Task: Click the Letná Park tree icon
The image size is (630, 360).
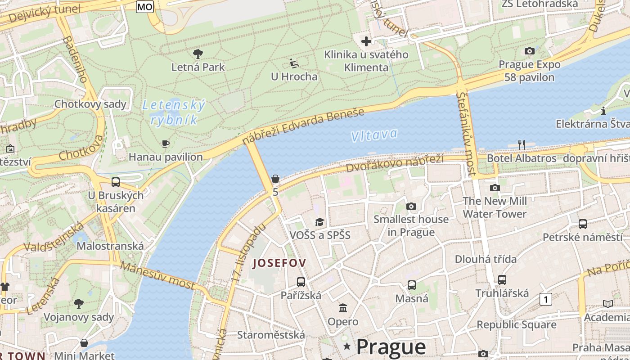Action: (198, 54)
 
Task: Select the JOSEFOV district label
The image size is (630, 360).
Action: (279, 263)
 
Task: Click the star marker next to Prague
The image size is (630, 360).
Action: (346, 346)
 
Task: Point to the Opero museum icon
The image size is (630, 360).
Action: (343, 308)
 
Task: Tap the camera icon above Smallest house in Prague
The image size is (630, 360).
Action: (411, 206)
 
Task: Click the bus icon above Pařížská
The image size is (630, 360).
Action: (301, 282)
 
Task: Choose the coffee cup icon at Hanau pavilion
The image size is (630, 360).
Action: (166, 144)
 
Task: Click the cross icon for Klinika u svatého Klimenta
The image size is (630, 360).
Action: (366, 41)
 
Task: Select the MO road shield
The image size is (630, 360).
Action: (145, 6)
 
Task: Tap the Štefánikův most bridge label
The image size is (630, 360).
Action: (466, 134)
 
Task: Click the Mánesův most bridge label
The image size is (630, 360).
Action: (158, 275)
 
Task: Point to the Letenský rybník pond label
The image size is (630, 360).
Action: (174, 112)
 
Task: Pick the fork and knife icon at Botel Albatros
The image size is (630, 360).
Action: (522, 144)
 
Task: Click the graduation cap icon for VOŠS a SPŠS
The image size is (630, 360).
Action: (319, 222)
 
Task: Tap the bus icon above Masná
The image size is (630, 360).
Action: (412, 285)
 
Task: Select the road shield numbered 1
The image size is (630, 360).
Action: (546, 299)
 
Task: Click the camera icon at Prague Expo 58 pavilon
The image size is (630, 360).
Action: (530, 51)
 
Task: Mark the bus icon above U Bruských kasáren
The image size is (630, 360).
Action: (116, 182)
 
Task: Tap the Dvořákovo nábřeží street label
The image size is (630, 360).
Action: (395, 163)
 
